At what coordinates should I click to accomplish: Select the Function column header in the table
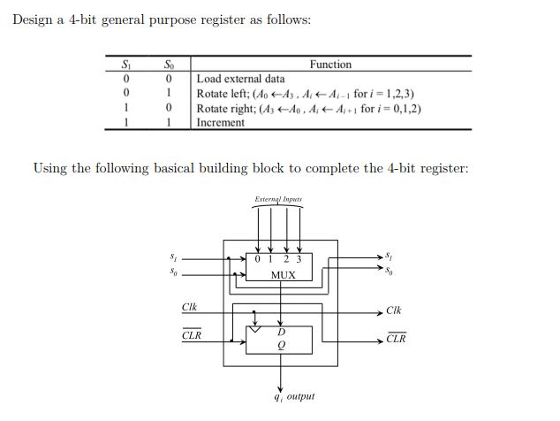point(330,65)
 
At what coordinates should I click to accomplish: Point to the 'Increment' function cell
point(220,122)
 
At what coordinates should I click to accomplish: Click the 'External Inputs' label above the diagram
point(277,200)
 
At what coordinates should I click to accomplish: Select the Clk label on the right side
point(394,311)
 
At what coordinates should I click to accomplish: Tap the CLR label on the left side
point(191,336)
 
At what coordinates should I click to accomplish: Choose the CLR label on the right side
point(396,340)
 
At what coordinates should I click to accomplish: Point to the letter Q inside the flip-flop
point(281,346)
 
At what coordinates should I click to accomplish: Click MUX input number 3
point(299,259)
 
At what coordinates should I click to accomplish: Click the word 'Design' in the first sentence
point(33,20)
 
